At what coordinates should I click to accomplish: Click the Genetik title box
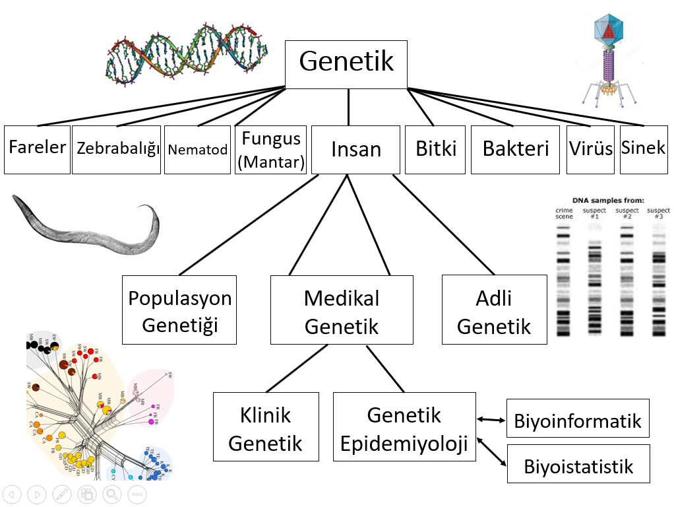346,62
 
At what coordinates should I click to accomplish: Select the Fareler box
37,149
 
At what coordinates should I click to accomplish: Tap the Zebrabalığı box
116,149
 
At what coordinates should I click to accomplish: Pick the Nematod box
198,149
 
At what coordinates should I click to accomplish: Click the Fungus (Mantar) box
270,149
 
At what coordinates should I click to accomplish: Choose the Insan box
356,149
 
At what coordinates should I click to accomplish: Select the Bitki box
435,149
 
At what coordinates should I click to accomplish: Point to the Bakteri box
515,149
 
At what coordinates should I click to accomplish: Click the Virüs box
590,149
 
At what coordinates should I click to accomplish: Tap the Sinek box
644,149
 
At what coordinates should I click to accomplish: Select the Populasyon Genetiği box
179,311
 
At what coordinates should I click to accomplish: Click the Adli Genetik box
494,311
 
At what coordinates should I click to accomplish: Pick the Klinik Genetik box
266,427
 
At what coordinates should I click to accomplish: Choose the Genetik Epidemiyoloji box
404,427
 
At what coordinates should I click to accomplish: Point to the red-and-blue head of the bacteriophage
609,30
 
